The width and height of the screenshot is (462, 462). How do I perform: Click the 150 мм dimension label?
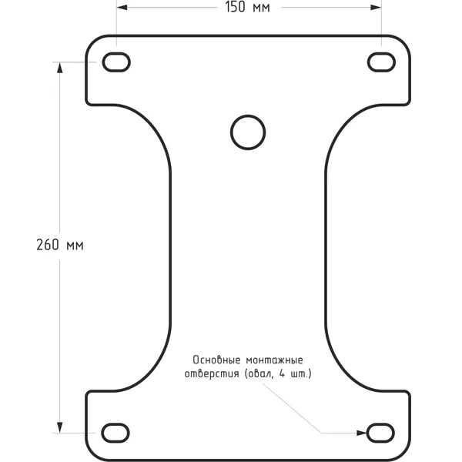(x=247, y=7)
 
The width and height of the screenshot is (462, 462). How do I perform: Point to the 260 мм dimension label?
(x=60, y=245)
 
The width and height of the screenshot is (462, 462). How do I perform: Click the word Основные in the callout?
(x=217, y=360)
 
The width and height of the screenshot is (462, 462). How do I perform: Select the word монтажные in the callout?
(x=274, y=360)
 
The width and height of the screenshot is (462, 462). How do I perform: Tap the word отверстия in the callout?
(x=212, y=374)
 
